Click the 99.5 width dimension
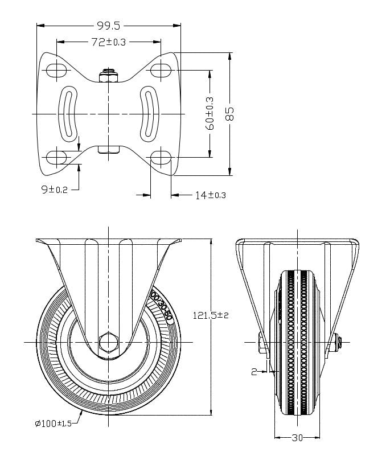tap(108, 25)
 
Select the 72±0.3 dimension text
tap(108, 42)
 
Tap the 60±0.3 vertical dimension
tap(210, 113)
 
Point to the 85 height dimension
tap(229, 113)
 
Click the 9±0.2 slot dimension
tap(55, 190)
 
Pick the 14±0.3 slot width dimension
tap(210, 195)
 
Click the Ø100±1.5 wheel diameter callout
tap(54, 423)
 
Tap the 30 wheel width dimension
tap(297, 438)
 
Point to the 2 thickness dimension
tap(254, 372)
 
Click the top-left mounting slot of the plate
tap(56, 71)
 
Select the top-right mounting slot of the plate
tap(161, 71)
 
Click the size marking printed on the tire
tap(161, 305)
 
